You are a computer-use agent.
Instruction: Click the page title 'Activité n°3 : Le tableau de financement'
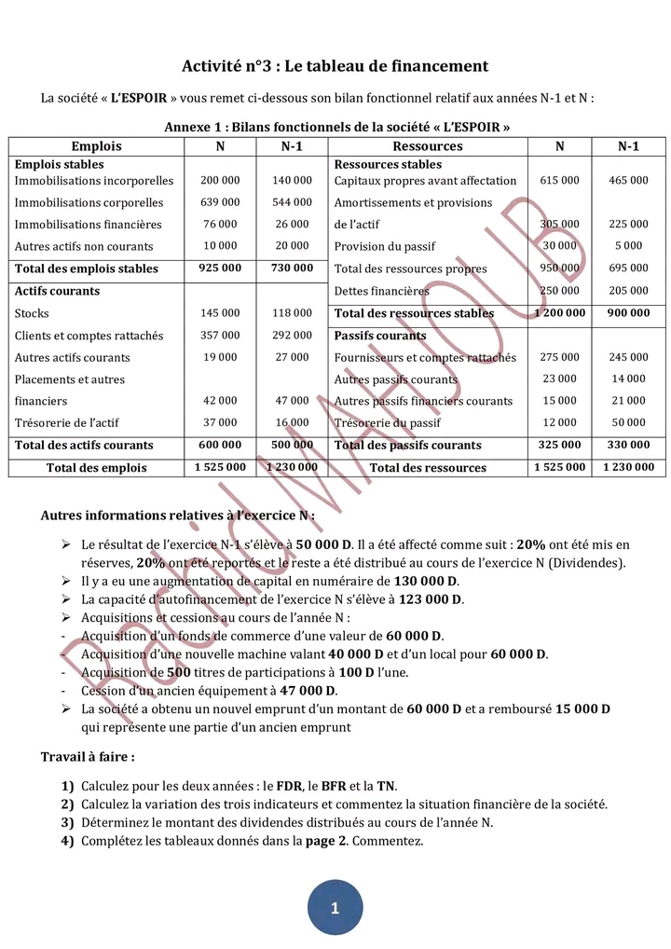(335, 66)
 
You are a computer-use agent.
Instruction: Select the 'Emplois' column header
(97, 146)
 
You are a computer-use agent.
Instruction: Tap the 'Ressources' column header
(428, 146)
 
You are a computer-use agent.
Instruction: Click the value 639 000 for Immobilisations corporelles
(220, 202)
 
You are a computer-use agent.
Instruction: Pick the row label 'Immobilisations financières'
(89, 225)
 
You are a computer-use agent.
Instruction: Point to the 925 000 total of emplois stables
(220, 268)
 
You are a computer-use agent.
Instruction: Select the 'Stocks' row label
(33, 313)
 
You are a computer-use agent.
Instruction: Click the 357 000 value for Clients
(220, 336)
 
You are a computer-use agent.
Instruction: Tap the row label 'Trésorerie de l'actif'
(67, 423)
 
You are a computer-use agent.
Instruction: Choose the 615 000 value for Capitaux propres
(559, 181)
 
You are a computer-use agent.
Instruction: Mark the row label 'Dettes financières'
(382, 291)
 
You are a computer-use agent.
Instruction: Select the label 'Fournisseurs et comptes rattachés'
(425, 357)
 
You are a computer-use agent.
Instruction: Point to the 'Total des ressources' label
(428, 468)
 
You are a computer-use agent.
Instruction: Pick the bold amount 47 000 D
(306, 691)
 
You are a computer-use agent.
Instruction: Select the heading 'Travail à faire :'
(88, 757)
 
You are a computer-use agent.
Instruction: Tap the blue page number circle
(335, 907)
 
